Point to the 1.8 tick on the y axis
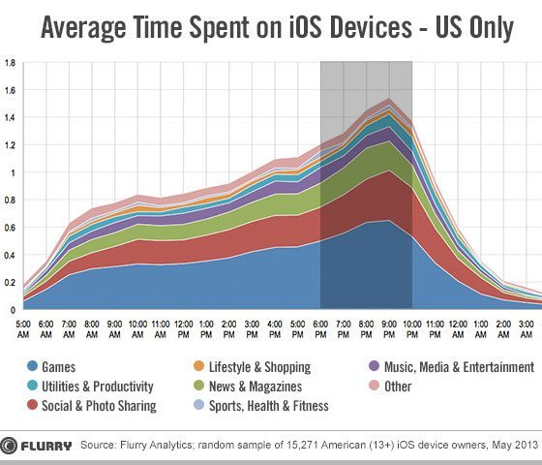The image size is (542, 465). (x=11, y=63)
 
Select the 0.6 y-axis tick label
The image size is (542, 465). (x=11, y=228)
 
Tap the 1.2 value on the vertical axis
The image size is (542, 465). (x=11, y=145)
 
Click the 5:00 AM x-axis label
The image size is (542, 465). (x=23, y=329)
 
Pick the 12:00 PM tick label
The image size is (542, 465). (x=184, y=329)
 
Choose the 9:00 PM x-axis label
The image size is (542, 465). (x=389, y=329)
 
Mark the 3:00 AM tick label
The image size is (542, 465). (x=527, y=329)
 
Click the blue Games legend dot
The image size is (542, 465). (x=33, y=366)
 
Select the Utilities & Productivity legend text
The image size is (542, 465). (x=98, y=387)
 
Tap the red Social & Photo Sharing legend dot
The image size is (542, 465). (x=33, y=405)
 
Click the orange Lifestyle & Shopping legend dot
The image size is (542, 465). (x=199, y=366)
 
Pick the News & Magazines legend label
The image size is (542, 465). (x=256, y=387)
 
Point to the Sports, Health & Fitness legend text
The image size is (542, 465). (x=269, y=406)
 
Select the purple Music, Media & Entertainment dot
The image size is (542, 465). (x=375, y=366)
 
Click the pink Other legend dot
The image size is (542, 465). (x=375, y=386)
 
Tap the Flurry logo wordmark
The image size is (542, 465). (x=46, y=446)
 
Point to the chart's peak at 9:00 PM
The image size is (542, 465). (x=389, y=98)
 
